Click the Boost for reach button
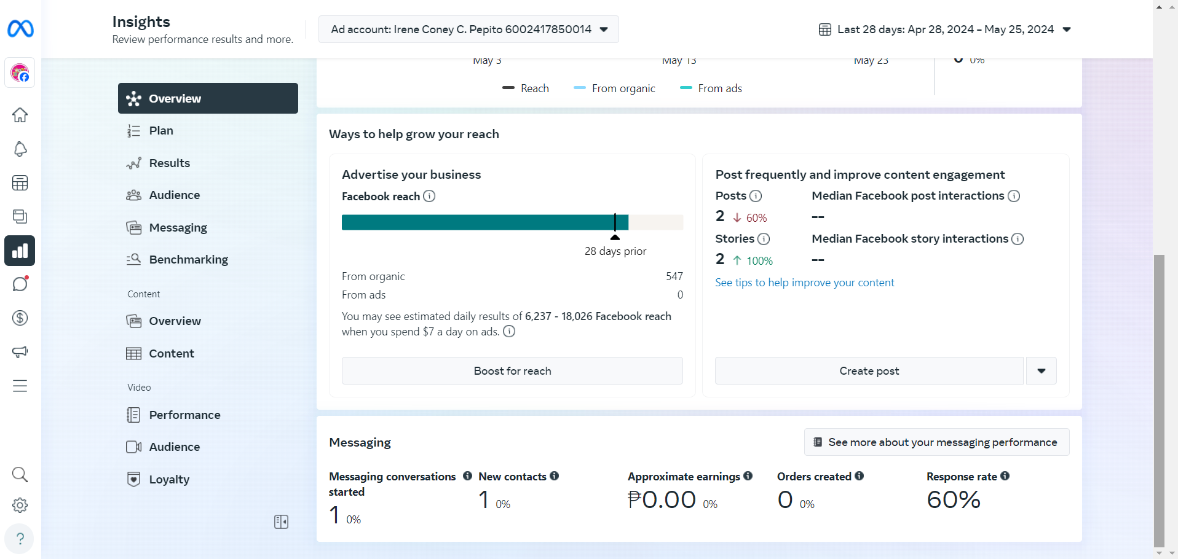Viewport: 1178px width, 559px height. point(512,371)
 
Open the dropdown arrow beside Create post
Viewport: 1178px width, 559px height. point(1041,371)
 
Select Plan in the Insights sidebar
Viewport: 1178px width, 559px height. point(161,131)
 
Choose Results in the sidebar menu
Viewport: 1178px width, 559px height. point(169,163)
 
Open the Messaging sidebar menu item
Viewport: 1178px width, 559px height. point(178,228)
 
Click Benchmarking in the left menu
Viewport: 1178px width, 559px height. point(188,260)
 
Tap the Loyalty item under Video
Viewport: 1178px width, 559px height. point(169,480)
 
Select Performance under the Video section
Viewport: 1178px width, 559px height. point(184,415)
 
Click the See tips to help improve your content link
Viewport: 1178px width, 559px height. point(804,283)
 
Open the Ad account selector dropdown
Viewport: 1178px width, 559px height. point(468,29)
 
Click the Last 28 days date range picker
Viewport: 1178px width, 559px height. point(945,29)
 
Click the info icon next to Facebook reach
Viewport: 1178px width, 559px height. point(429,196)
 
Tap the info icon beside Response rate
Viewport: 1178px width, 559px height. point(1005,476)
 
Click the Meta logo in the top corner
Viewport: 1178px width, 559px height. point(20,29)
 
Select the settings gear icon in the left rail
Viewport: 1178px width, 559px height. point(20,505)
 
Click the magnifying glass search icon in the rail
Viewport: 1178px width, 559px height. point(20,474)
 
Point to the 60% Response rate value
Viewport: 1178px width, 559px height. point(953,500)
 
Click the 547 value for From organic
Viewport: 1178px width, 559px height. point(674,276)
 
